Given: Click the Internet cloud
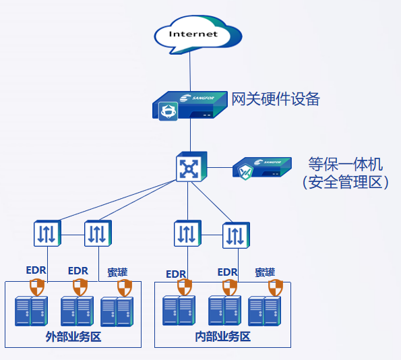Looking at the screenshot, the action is point(197,34).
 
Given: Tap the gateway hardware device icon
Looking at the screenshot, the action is point(190,105).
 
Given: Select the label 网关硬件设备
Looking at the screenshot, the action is point(276,99).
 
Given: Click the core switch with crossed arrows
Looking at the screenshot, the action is point(191,167).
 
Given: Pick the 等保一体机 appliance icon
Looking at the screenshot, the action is point(262,169).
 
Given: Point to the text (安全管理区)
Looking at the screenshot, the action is point(346,182).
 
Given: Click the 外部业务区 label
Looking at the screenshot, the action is point(73,336).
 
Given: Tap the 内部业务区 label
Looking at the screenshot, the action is point(223,336).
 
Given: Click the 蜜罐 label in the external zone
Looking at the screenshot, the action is point(117,272).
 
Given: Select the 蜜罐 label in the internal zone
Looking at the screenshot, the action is point(265,272).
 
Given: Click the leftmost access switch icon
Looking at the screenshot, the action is point(47,233).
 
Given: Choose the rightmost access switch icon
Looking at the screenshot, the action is point(236,235).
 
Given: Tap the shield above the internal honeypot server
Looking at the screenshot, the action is point(276,288).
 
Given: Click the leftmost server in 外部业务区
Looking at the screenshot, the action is point(31,311).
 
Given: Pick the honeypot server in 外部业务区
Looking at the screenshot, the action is point(117,311).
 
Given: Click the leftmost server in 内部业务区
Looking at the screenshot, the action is point(179,310).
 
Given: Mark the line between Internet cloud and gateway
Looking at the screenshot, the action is point(190,71).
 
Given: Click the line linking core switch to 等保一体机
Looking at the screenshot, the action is point(220,168).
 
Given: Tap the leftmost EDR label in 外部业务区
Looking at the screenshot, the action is point(36,270).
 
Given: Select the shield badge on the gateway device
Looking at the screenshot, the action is point(168,111).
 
